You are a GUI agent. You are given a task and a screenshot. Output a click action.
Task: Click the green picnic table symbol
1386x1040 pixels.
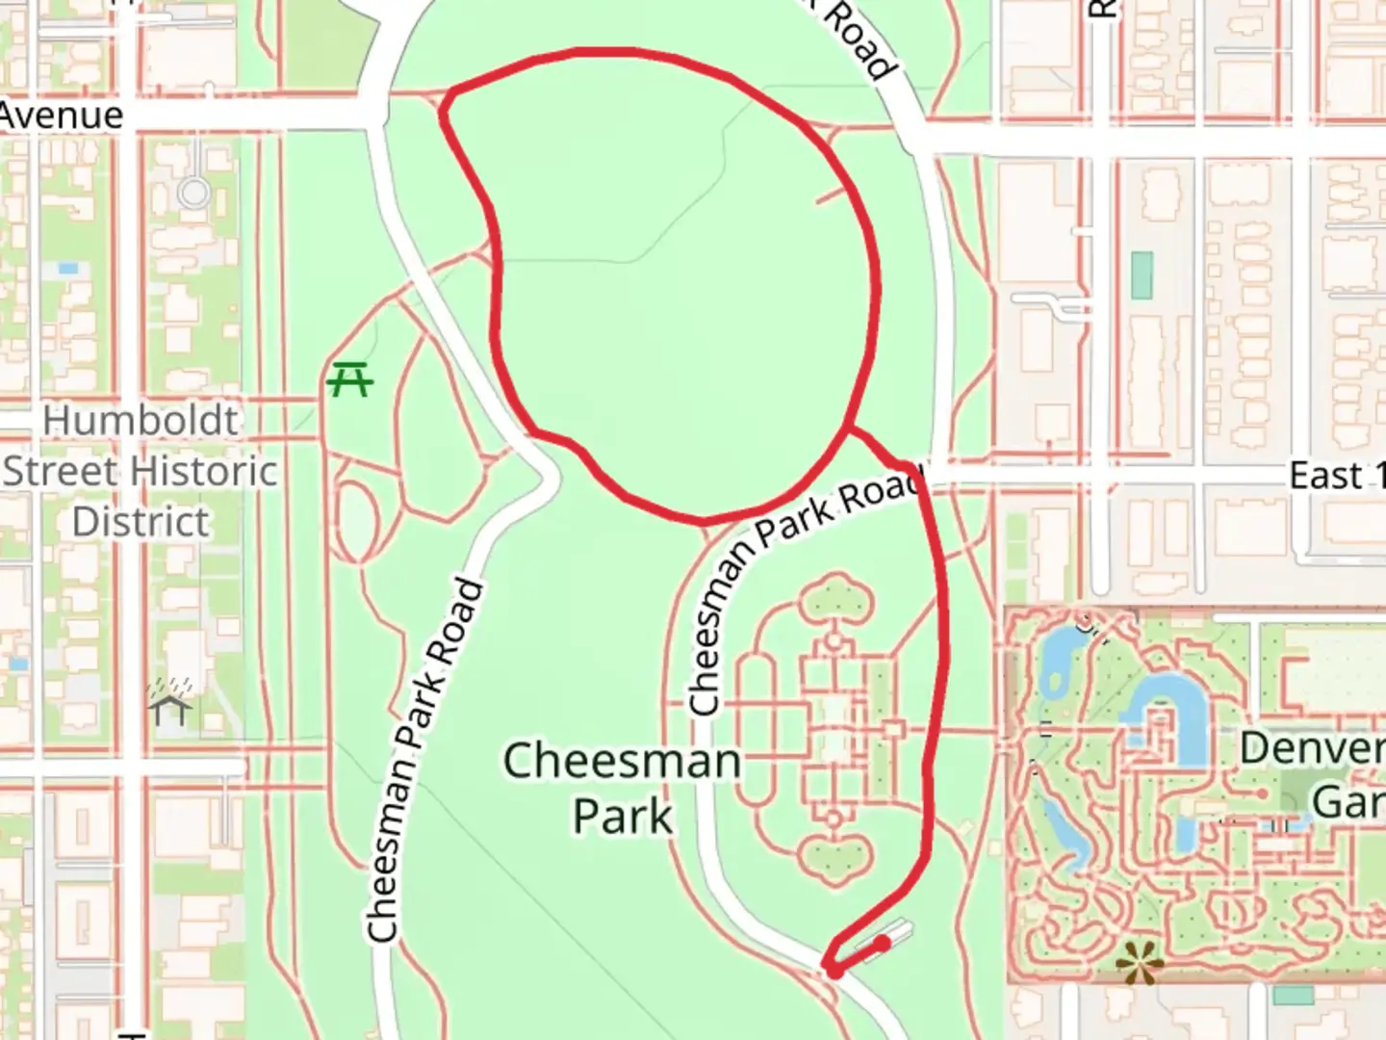(x=349, y=379)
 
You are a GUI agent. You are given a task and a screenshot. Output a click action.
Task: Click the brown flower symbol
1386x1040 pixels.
(x=1139, y=960)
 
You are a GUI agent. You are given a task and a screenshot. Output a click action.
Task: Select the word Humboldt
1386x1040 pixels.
(x=141, y=421)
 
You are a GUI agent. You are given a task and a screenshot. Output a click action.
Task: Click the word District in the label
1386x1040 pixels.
(x=141, y=522)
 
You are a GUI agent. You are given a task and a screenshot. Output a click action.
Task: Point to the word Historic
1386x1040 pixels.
(x=208, y=472)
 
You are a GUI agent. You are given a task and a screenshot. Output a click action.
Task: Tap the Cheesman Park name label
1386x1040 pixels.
(x=622, y=788)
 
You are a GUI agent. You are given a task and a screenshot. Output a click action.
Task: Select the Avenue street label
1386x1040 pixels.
(x=62, y=116)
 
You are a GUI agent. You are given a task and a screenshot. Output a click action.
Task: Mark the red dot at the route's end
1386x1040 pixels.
(x=883, y=943)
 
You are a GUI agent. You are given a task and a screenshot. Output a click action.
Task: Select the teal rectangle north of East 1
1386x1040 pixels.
(x=1142, y=274)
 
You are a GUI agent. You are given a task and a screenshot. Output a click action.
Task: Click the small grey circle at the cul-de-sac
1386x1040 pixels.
(x=193, y=193)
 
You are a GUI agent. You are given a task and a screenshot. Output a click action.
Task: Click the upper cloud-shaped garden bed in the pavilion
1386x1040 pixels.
(x=836, y=597)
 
